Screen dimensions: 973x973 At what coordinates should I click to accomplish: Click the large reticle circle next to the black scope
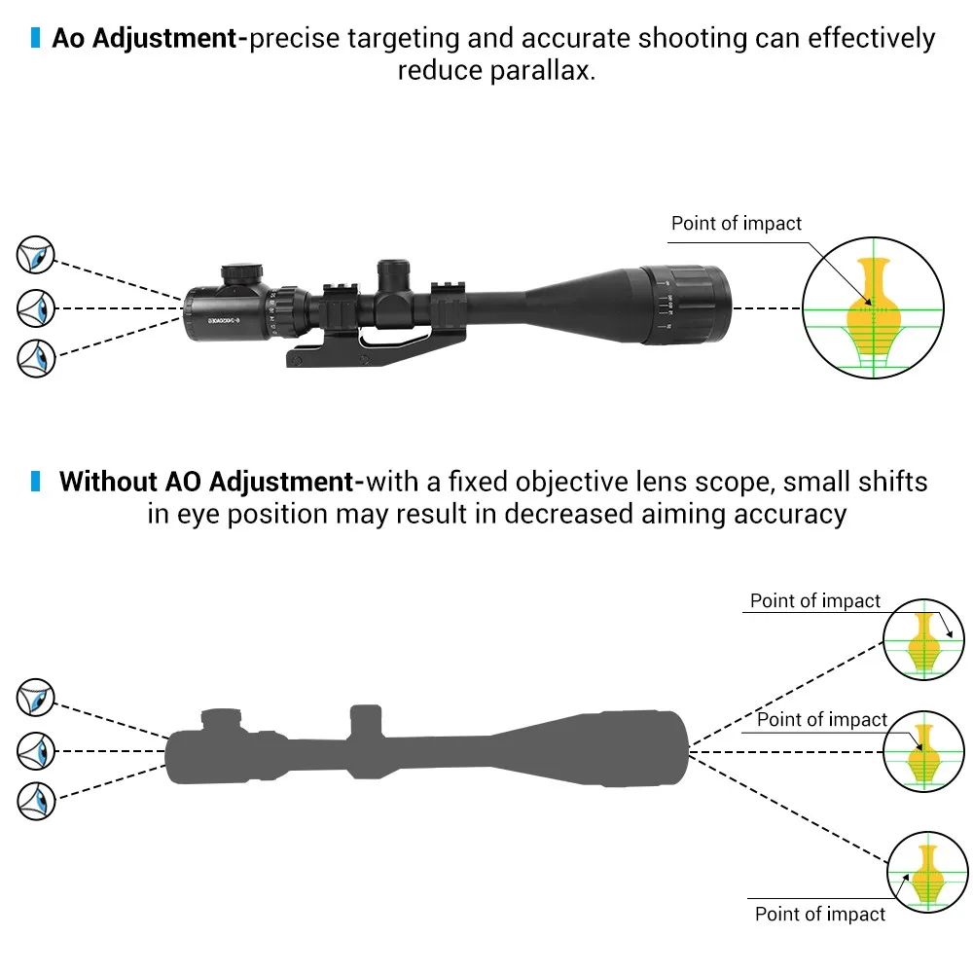coord(874,308)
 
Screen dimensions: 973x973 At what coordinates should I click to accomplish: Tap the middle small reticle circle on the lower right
coord(921,750)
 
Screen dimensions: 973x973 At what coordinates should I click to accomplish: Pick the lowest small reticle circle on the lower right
coord(927,872)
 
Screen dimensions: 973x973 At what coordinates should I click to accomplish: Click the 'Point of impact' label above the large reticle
coord(737,224)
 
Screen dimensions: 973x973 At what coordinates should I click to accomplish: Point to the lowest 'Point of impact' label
coord(820,915)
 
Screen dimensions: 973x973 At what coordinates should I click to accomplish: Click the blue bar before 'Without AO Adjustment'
coord(36,481)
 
